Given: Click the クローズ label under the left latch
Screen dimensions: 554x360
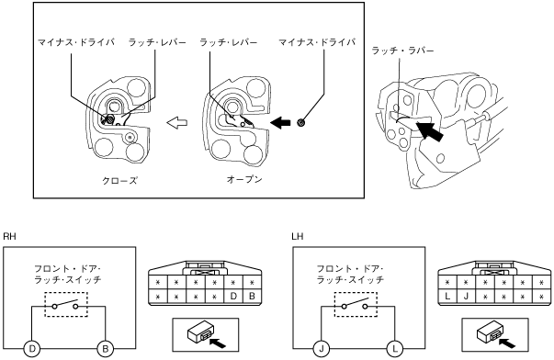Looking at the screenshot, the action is (x=119, y=181).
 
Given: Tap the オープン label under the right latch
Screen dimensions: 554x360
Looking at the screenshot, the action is (x=244, y=179).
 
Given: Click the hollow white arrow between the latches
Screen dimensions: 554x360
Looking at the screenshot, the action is (x=176, y=123).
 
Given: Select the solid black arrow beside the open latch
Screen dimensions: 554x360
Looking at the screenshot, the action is (x=280, y=123).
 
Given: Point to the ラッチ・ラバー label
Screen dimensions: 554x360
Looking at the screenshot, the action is (x=402, y=51).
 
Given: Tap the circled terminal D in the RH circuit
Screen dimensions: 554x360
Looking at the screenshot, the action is (x=32, y=349).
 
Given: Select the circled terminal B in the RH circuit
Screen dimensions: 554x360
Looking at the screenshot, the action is (x=105, y=349).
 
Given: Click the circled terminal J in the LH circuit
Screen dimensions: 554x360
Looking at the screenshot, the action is (x=322, y=349).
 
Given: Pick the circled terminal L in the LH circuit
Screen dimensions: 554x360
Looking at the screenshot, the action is (x=394, y=349).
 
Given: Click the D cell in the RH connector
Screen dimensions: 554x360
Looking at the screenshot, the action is (x=233, y=296).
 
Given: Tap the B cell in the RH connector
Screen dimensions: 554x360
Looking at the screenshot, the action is (x=252, y=296).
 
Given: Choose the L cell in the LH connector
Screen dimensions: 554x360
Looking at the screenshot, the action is (x=447, y=296).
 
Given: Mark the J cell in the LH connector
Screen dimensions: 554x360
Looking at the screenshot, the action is (x=466, y=296).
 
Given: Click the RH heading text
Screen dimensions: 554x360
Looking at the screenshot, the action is (x=9, y=236).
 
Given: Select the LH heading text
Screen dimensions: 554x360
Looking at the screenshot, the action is (x=298, y=236).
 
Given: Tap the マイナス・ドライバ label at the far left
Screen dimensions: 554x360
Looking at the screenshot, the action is (x=76, y=42).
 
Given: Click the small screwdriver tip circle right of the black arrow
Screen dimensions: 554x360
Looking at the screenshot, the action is (x=301, y=123).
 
